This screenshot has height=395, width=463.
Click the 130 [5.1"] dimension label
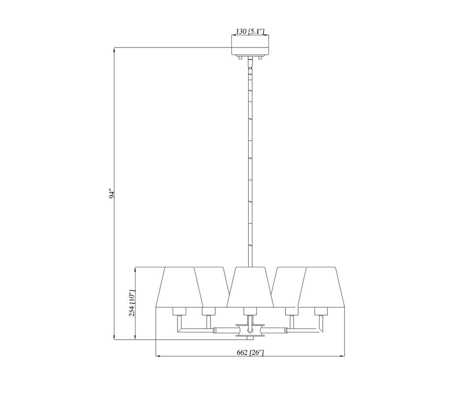pos(250,31)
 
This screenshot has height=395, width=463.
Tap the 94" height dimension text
pos(111,194)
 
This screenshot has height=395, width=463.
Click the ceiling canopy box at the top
pos(250,45)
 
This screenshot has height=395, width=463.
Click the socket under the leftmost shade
pos(179,311)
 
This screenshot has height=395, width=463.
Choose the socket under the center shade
pos(250,311)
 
